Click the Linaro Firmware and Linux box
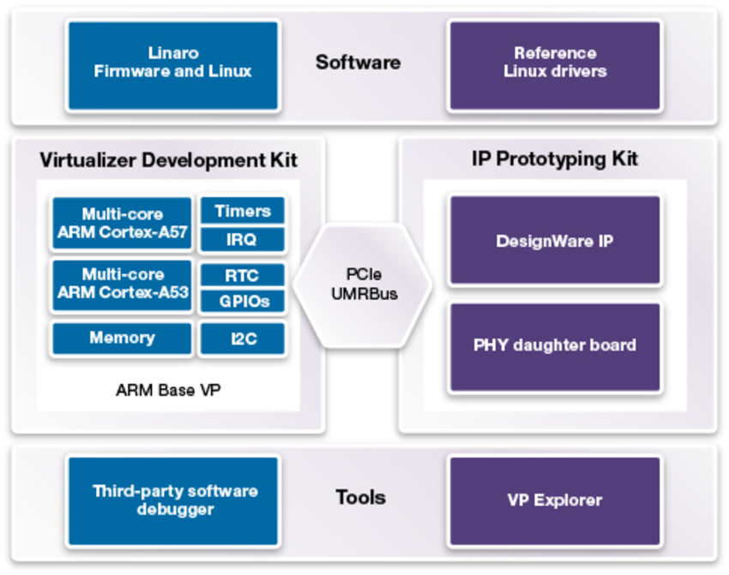(x=173, y=65)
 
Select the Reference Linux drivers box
(x=555, y=65)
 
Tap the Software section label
(x=358, y=63)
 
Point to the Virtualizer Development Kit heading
(x=168, y=160)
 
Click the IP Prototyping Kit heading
(x=555, y=159)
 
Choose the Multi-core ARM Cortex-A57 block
(x=122, y=223)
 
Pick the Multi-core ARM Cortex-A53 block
(x=122, y=285)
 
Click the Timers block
(x=242, y=211)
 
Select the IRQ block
(x=242, y=239)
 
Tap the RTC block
(x=242, y=275)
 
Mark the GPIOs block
(x=242, y=301)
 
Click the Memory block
(x=122, y=338)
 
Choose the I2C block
(x=242, y=338)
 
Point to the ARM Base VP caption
(x=168, y=390)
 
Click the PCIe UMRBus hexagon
(x=363, y=285)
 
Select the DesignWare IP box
(x=555, y=240)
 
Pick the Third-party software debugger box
(x=173, y=500)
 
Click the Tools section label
(x=361, y=497)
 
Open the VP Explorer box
(x=555, y=500)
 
